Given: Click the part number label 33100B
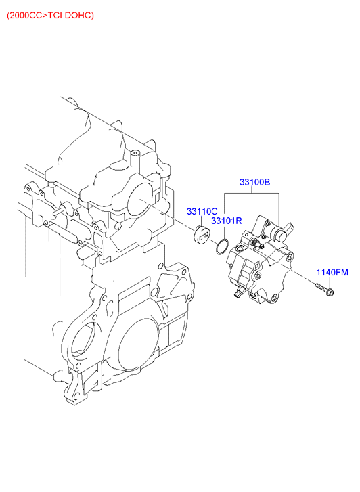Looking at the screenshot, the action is [x=254, y=182].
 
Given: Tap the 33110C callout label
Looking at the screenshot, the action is [x=202, y=211].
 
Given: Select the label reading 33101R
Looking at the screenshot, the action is [x=226, y=221].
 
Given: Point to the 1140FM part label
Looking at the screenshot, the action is [x=332, y=272].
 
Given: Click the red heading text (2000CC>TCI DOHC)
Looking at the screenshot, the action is [x=50, y=15].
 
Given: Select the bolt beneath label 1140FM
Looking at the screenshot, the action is [x=325, y=290].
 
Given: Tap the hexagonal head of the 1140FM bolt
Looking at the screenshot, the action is [x=330, y=292].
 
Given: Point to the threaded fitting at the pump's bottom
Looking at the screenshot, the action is [x=238, y=292].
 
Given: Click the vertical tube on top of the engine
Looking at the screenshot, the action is [x=135, y=160].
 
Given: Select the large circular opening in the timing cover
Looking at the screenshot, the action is [x=137, y=344].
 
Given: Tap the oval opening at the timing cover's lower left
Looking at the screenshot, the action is [x=83, y=341].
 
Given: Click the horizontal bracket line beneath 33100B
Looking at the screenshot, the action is [x=252, y=194].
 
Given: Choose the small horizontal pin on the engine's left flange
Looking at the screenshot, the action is [x=60, y=211].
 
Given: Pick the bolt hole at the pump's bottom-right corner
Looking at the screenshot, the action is [x=275, y=297].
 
